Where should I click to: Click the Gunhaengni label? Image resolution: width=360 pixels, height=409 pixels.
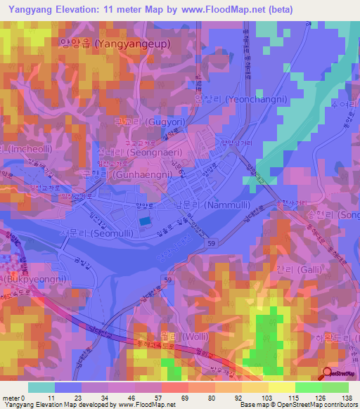[x=124, y=173]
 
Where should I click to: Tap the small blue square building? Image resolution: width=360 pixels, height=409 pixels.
[x=144, y=221]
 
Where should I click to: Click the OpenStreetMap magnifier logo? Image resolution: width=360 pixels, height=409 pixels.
[x=328, y=373]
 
